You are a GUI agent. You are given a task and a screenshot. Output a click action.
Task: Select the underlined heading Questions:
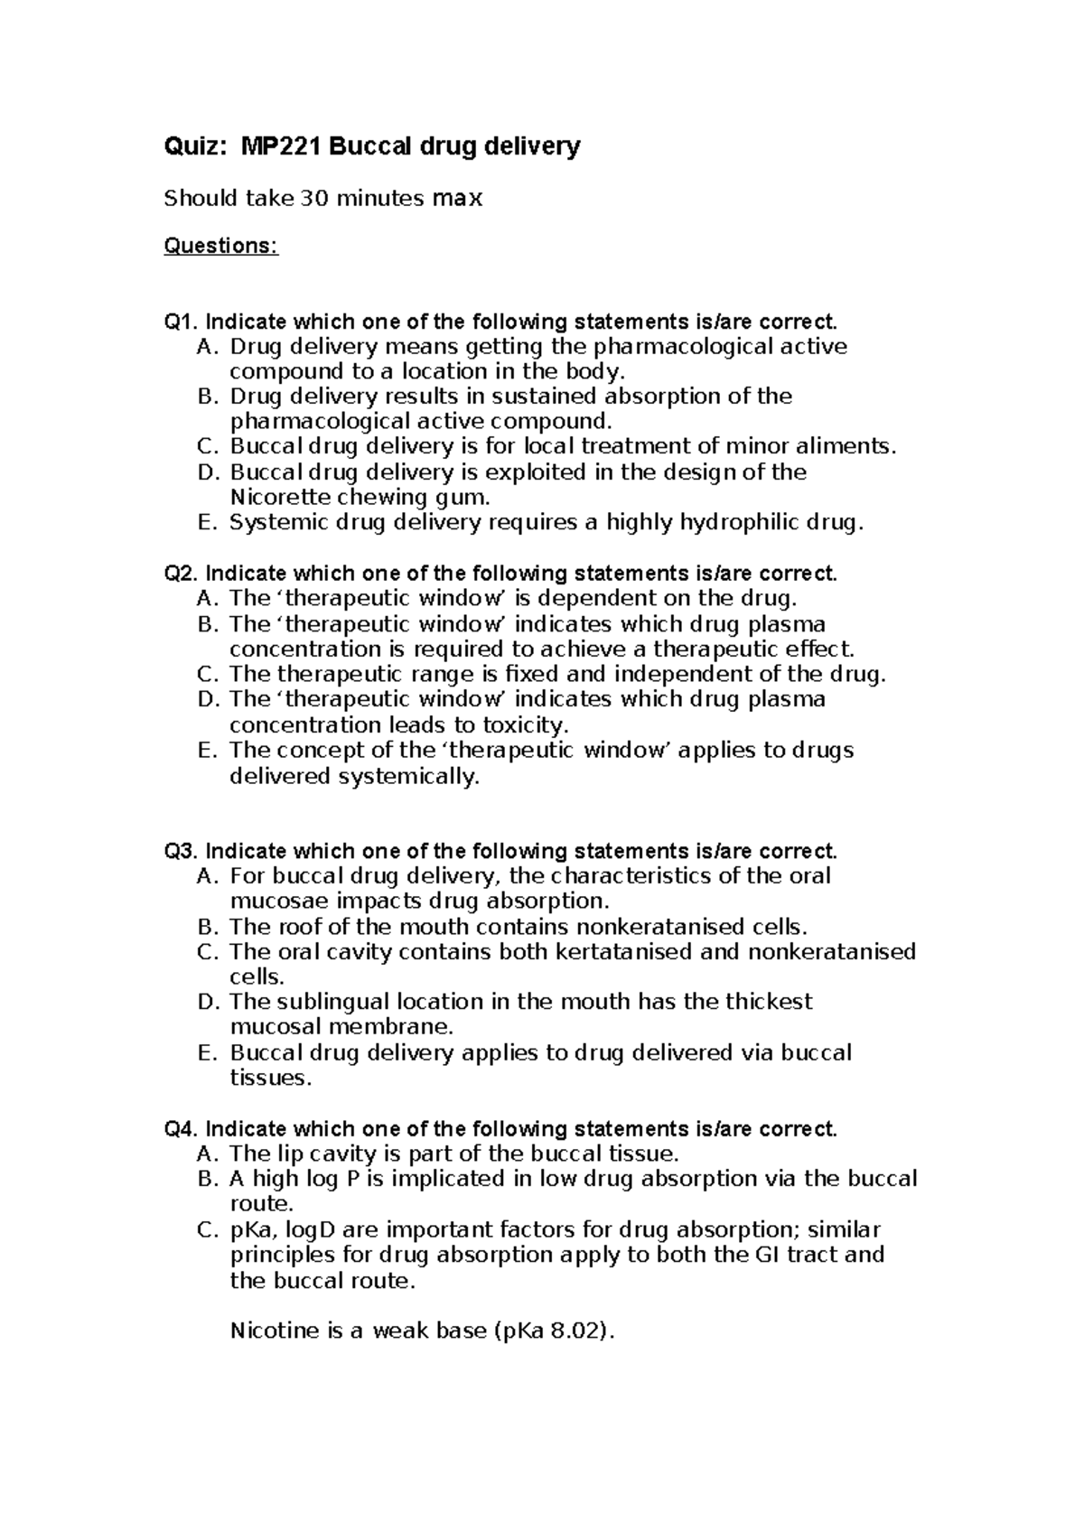pyautogui.click(x=220, y=247)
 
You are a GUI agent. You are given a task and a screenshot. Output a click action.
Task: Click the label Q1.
pyautogui.click(x=181, y=322)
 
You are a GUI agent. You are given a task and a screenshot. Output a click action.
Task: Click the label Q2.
pyautogui.click(x=181, y=574)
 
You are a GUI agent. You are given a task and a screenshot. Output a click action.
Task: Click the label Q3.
pyautogui.click(x=181, y=851)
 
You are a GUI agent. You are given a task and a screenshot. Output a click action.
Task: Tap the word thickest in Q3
pyautogui.click(x=764, y=1002)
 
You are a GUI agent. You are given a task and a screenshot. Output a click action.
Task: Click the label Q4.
pyautogui.click(x=181, y=1129)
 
